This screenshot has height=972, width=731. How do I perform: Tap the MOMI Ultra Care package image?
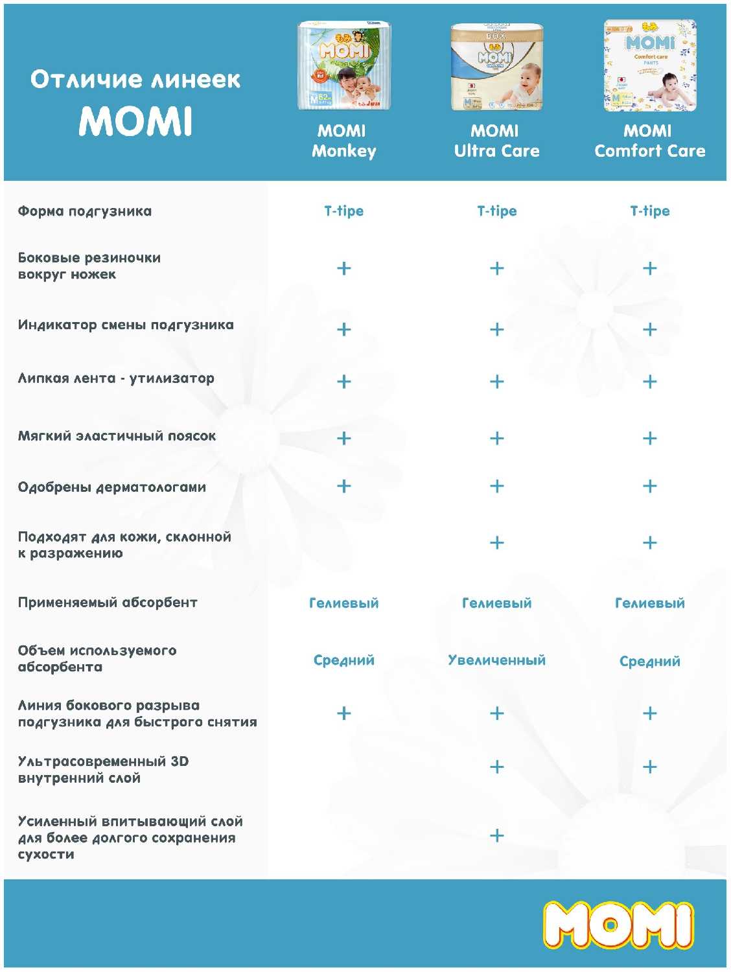click(x=496, y=67)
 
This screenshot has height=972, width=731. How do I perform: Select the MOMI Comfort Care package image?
click(x=650, y=65)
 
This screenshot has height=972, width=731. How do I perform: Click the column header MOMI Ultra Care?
click(x=496, y=141)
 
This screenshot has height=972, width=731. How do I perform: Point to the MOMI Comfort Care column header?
click(x=649, y=141)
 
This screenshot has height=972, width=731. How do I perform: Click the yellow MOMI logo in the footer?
click(x=618, y=925)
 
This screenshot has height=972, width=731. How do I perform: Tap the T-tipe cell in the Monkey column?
click(x=343, y=211)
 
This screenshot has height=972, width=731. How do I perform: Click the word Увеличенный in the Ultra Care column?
click(x=496, y=660)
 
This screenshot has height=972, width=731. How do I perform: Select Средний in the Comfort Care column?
click(x=649, y=661)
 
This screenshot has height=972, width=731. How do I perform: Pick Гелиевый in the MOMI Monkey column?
click(x=343, y=603)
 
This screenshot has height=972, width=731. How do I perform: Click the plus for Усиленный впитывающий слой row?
click(x=496, y=835)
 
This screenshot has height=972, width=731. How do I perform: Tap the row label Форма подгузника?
click(x=85, y=211)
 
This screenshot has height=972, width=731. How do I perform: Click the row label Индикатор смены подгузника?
click(x=126, y=325)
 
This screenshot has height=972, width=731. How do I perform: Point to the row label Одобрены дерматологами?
click(x=112, y=487)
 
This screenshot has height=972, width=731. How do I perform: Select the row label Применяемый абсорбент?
click(x=108, y=603)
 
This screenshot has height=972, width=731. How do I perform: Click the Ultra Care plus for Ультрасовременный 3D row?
click(x=496, y=767)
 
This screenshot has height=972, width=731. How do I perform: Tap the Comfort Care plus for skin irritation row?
click(x=649, y=543)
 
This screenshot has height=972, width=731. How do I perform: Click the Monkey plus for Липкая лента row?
click(x=343, y=381)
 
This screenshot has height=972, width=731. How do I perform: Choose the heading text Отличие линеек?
click(x=135, y=79)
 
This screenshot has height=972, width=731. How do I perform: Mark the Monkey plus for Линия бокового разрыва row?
click(x=343, y=713)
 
